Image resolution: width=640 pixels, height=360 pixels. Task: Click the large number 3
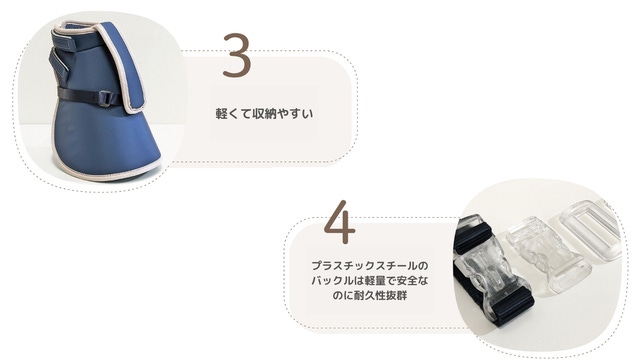pyautogui.click(x=237, y=56)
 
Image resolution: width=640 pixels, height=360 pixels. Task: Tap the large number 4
pyautogui.click(x=340, y=222)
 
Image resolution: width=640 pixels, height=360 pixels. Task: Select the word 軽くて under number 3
pyautogui.click(x=233, y=113)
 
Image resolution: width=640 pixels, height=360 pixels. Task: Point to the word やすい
pyautogui.click(x=295, y=113)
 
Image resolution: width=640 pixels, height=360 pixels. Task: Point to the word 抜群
pyautogui.click(x=396, y=296)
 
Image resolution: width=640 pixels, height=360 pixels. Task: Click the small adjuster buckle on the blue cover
pyautogui.click(x=106, y=99)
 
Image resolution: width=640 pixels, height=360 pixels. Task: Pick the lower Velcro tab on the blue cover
pyautogui.click(x=61, y=65)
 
